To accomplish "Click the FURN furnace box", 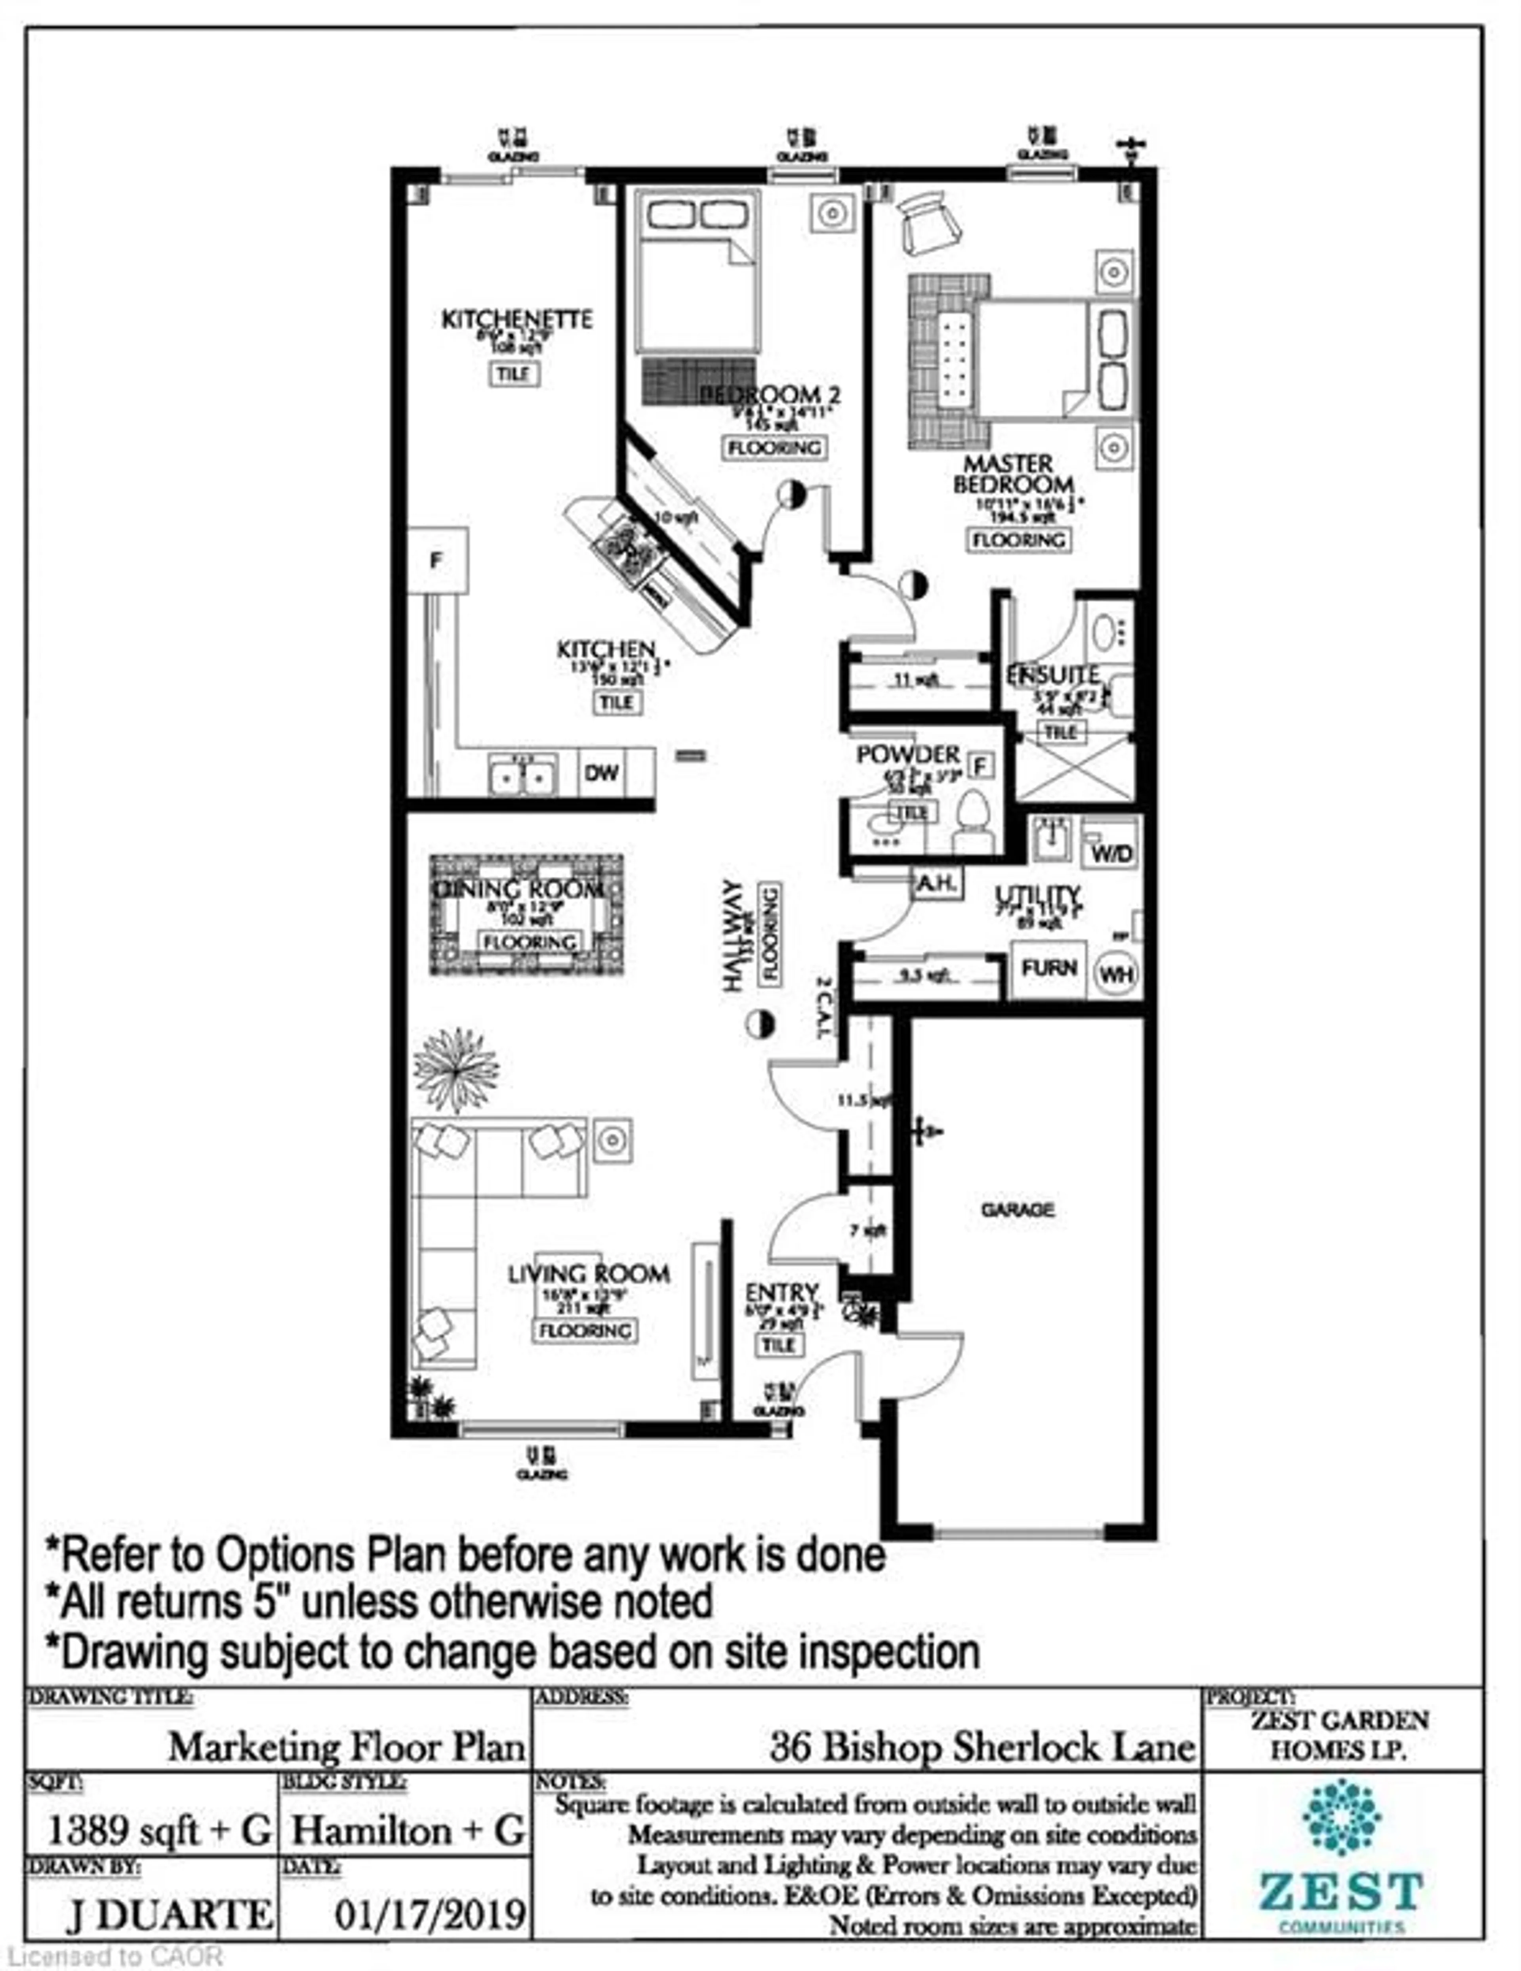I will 1048,968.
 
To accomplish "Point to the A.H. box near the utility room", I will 937,883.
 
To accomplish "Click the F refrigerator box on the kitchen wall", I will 436,561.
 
